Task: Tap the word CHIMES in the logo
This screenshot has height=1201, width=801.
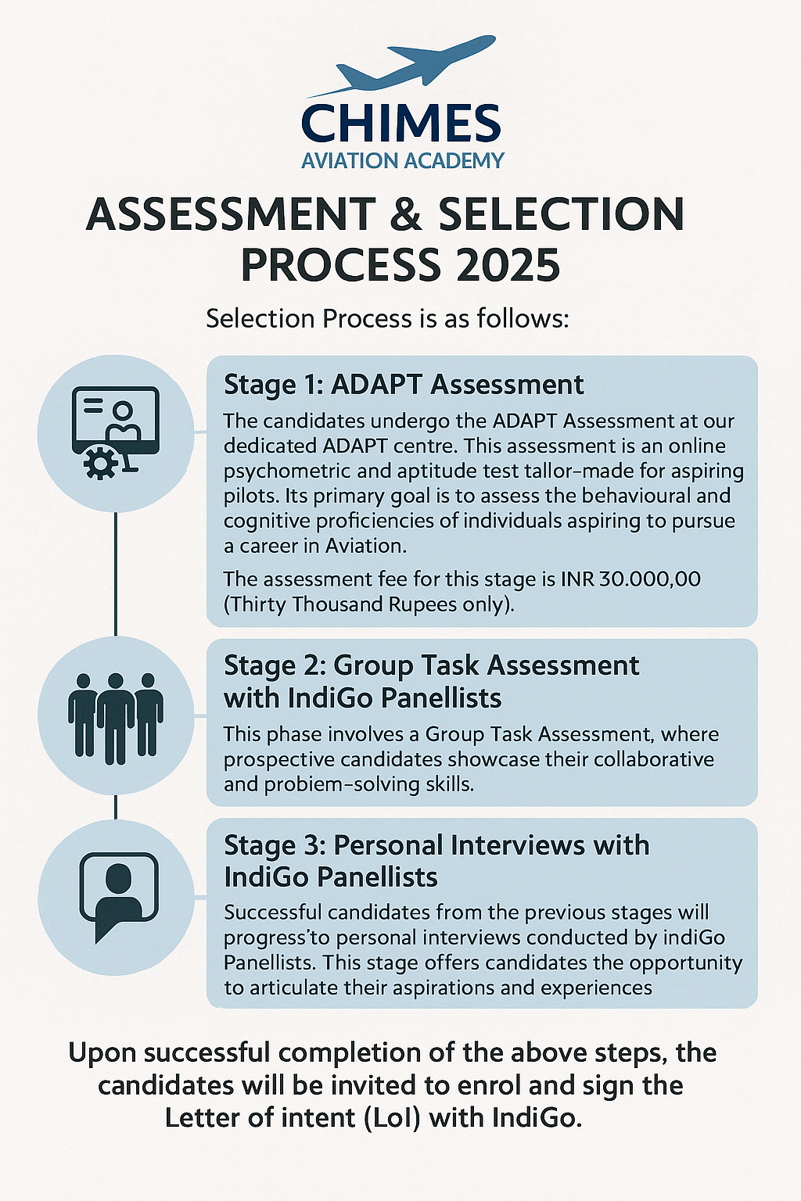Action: pos(400,124)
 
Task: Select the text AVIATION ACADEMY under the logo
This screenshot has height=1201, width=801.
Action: pos(403,161)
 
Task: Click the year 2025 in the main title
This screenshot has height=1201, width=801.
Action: pos(508,265)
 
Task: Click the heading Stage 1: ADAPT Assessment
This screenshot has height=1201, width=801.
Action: pos(404,385)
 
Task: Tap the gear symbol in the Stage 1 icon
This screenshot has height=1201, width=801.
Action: pos(100,464)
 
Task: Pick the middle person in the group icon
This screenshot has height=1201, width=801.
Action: pos(116,718)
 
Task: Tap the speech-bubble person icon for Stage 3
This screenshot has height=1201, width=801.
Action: pos(118,895)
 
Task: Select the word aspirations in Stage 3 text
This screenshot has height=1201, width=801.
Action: pos(433,988)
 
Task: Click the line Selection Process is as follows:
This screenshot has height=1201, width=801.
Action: pos(387,319)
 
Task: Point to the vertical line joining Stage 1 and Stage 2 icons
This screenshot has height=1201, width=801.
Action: pos(116,574)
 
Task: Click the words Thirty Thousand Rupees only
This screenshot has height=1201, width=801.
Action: pos(368,604)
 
